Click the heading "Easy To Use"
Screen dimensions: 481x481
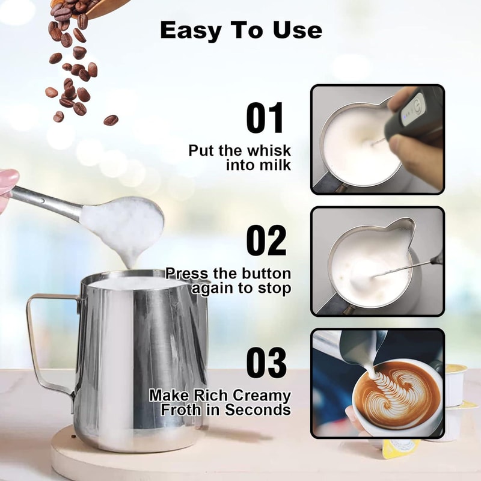(241, 30)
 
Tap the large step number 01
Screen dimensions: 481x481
(265, 118)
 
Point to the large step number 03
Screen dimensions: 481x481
(265, 363)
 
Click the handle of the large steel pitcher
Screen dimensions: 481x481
(42, 337)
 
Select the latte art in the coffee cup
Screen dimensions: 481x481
(397, 394)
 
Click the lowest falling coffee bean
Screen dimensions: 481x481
(111, 120)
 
